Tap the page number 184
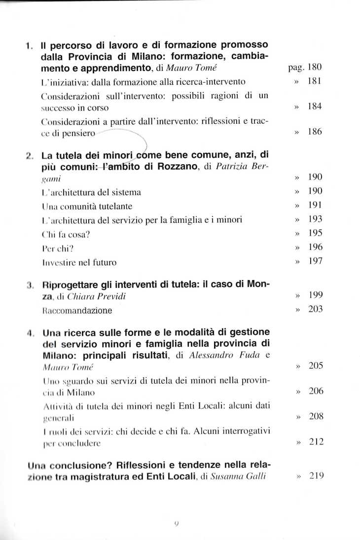pos(315,107)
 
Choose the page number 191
pos(315,205)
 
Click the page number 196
pos(315,245)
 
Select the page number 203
pos(315,309)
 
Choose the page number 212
pos(315,442)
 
